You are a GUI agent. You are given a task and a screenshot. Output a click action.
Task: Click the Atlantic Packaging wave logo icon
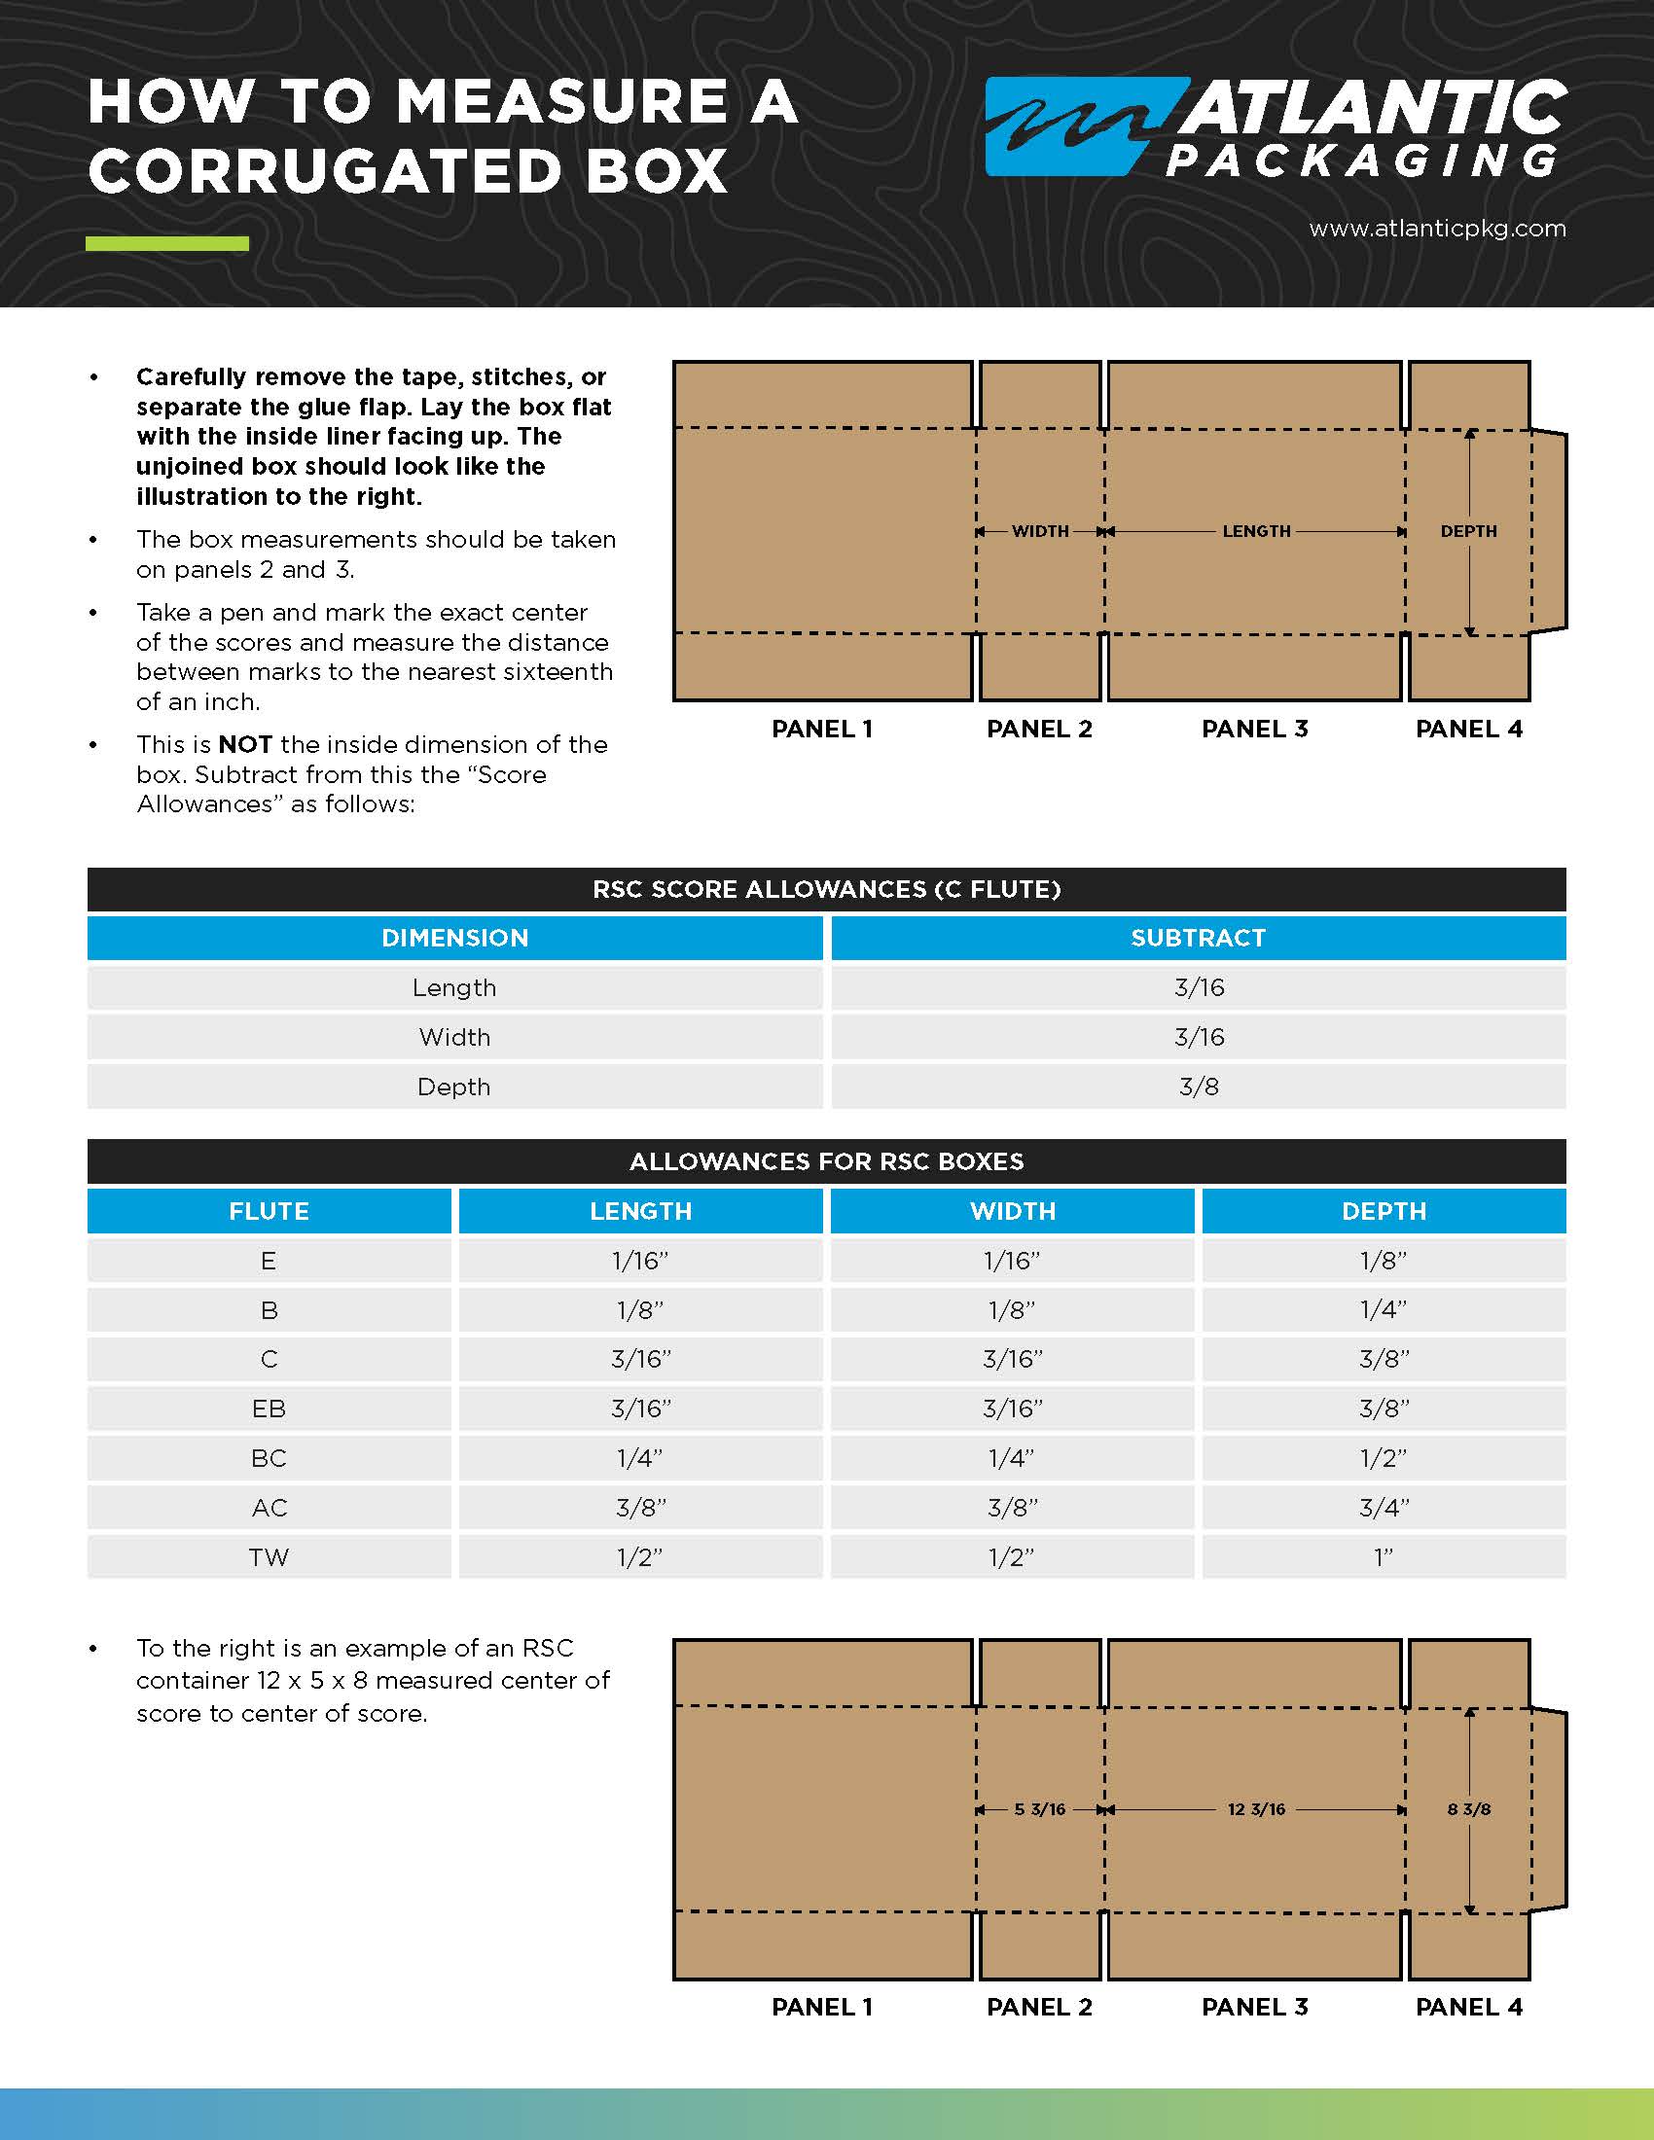(1073, 126)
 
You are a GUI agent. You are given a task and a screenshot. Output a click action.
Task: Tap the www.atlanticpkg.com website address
(1436, 229)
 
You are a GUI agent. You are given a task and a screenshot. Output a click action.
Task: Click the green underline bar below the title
(166, 244)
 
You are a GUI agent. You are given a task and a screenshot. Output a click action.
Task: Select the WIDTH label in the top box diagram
(1040, 531)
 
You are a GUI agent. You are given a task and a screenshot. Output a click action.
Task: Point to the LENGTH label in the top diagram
(1256, 531)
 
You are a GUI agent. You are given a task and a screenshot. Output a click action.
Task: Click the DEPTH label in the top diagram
(1468, 531)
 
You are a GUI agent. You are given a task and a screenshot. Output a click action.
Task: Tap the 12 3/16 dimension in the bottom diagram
(1256, 1809)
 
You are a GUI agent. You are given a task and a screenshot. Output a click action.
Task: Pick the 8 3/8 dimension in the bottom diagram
(1468, 1809)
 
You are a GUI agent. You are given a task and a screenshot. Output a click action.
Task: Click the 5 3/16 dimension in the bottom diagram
(1040, 1809)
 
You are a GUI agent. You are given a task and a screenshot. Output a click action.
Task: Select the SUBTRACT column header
(1198, 938)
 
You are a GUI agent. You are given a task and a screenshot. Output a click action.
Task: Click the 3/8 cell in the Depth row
(1198, 1087)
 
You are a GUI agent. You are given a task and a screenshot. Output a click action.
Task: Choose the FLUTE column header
(269, 1211)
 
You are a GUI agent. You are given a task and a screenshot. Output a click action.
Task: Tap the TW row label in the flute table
(269, 1557)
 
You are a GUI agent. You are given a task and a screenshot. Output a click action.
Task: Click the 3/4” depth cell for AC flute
(1383, 1508)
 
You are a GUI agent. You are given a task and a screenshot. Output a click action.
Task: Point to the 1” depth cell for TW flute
(1383, 1557)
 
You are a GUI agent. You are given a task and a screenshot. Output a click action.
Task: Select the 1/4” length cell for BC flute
(640, 1458)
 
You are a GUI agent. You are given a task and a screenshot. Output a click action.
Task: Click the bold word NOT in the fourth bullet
(245, 745)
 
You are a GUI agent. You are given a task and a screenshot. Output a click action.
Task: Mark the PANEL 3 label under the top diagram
(1254, 729)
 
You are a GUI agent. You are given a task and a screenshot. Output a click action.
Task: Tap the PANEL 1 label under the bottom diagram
(821, 2007)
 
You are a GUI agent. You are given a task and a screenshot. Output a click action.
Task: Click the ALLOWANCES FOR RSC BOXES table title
(826, 1161)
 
